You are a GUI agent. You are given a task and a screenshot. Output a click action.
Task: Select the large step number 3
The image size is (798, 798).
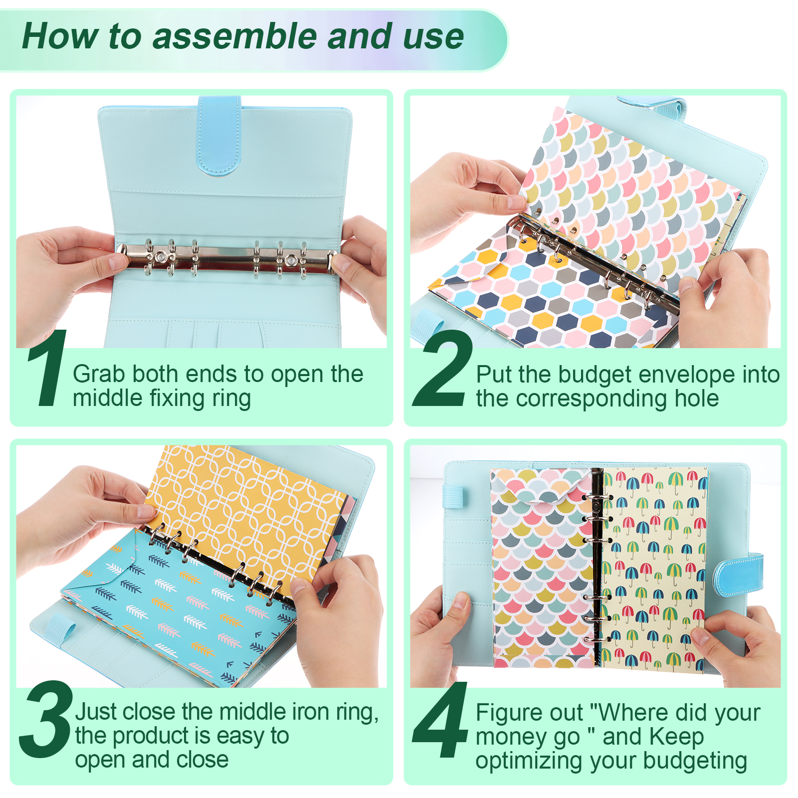[x=46, y=719]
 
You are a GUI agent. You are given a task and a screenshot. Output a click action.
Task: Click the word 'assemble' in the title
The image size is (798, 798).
[x=235, y=36]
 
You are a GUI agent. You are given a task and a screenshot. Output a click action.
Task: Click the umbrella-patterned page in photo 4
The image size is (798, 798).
[x=653, y=568]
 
